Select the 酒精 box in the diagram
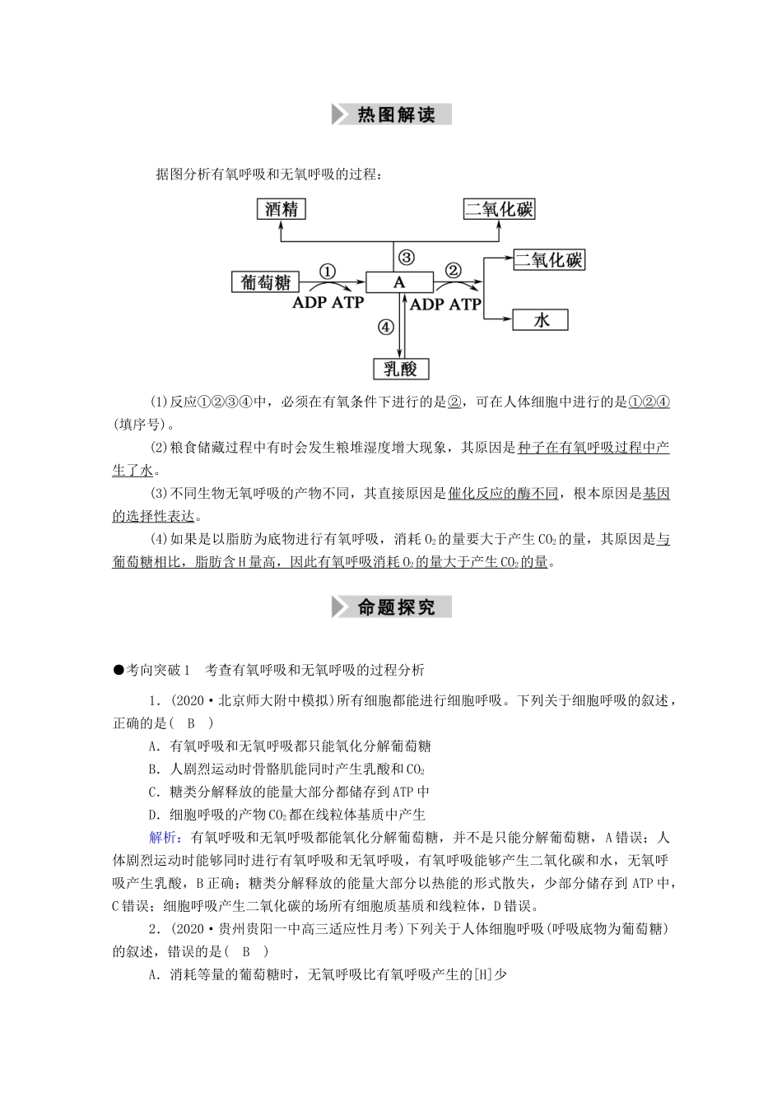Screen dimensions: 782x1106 [x=282, y=209]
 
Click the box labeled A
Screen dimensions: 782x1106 [x=399, y=282]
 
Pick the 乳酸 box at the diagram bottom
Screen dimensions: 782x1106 [x=401, y=368]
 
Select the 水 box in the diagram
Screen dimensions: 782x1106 [x=541, y=319]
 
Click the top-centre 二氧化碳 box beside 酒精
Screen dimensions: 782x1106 [x=500, y=209]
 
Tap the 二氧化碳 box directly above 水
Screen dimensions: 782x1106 [x=549, y=260]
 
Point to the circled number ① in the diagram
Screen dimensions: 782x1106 [x=328, y=271]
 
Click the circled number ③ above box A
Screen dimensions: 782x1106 [x=406, y=257]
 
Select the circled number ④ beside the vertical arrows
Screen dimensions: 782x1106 [x=386, y=327]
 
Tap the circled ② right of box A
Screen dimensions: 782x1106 [x=453, y=271]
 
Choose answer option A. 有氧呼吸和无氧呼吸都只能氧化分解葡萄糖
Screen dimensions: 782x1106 [x=289, y=746]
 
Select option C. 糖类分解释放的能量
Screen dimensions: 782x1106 [x=288, y=792]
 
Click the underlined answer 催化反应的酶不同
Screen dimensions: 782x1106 [x=504, y=494]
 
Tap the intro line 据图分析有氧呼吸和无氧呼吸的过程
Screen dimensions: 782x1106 [x=268, y=174]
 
